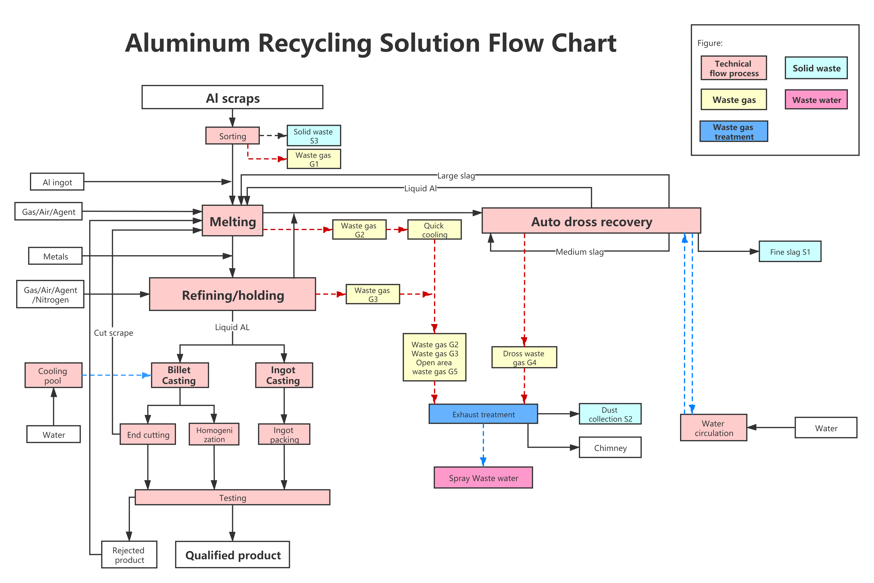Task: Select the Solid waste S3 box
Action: pyautogui.click(x=313, y=136)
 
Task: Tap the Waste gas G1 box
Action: pyautogui.click(x=313, y=159)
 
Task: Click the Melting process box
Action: pyautogui.click(x=232, y=221)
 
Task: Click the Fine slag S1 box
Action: pyautogui.click(x=790, y=252)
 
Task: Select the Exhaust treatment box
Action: pyautogui.click(x=483, y=414)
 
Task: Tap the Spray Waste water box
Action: pyautogui.click(x=483, y=478)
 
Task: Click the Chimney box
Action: pyautogui.click(x=610, y=448)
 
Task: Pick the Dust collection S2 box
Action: pyautogui.click(x=610, y=414)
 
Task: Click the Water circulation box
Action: pyautogui.click(x=713, y=428)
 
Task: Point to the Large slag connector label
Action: pyautogui.click(x=456, y=176)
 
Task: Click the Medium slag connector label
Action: pyautogui.click(x=579, y=252)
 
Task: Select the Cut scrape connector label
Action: pyautogui.click(x=113, y=332)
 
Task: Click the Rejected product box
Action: pyautogui.click(x=129, y=554)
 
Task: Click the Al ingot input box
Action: pyautogui.click(x=57, y=182)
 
